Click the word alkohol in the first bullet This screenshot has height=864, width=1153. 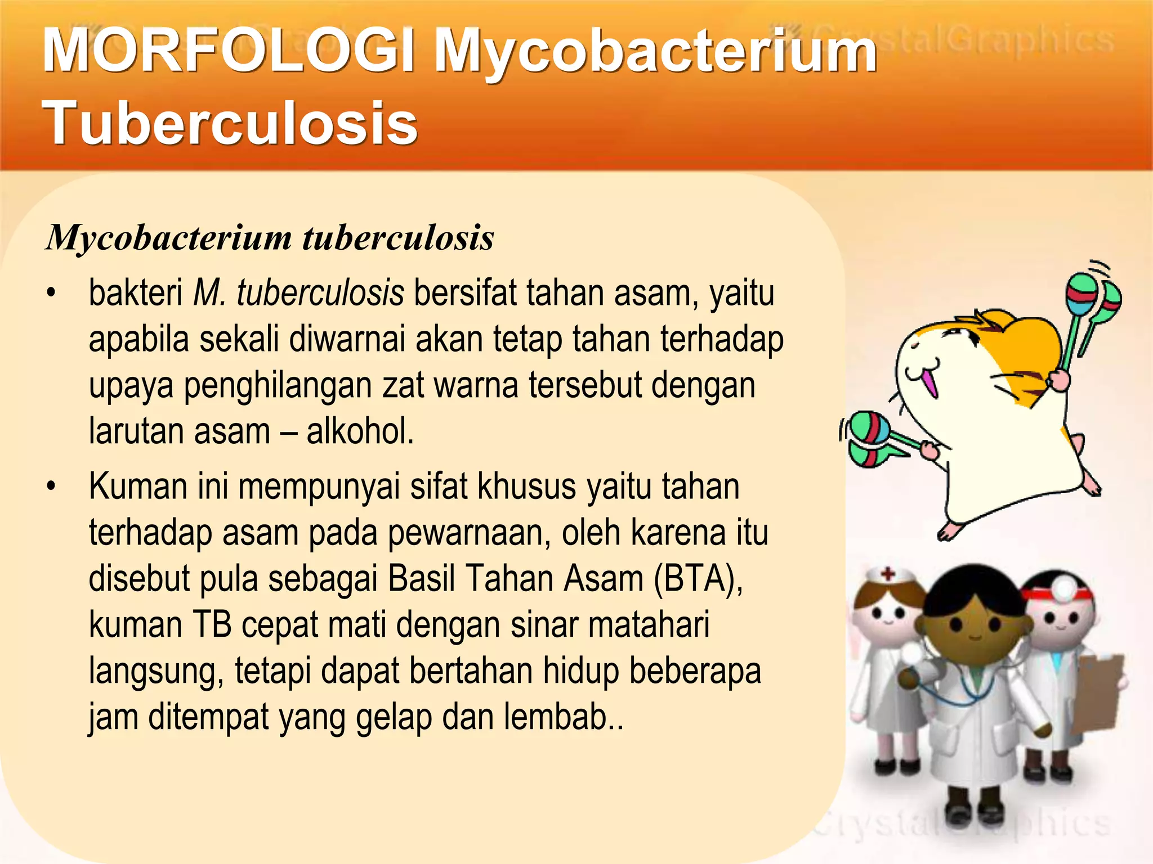click(x=360, y=432)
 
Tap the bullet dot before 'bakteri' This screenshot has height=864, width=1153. click(x=52, y=294)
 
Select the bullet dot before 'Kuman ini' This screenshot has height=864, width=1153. click(x=52, y=487)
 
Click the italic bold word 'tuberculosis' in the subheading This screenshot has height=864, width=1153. click(x=398, y=238)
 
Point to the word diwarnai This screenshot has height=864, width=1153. click(x=347, y=340)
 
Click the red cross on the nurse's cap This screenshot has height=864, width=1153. click(x=888, y=574)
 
